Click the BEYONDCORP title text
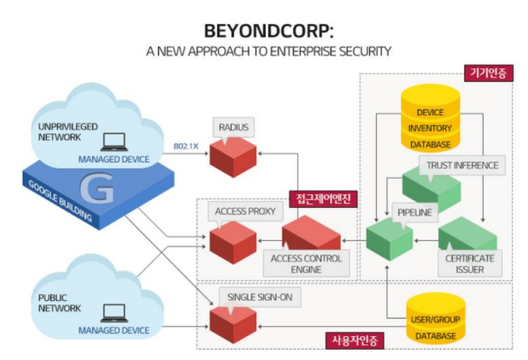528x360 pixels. point(263,31)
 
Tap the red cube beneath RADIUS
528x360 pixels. point(233,157)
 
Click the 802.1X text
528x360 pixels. point(186,145)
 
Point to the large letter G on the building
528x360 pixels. point(101,190)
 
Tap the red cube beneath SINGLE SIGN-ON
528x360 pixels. point(232,325)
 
